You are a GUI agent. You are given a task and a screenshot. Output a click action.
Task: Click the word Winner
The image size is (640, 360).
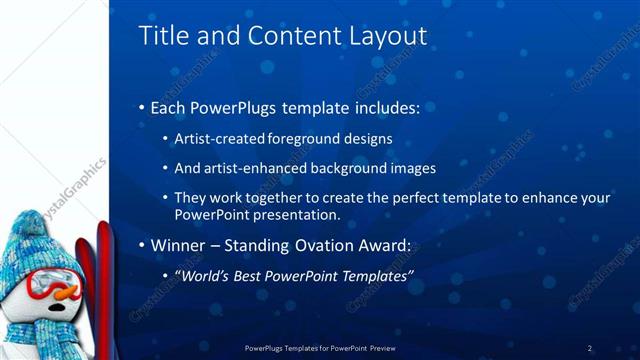coord(177,244)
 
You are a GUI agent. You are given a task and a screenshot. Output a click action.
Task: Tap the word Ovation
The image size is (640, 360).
coord(322,244)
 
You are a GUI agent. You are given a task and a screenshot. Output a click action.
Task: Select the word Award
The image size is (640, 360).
coord(383,244)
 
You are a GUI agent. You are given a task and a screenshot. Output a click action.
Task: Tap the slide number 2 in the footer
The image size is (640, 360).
coord(590,348)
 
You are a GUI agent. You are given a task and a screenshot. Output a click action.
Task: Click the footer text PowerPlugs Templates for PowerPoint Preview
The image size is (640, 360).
coord(319,348)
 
